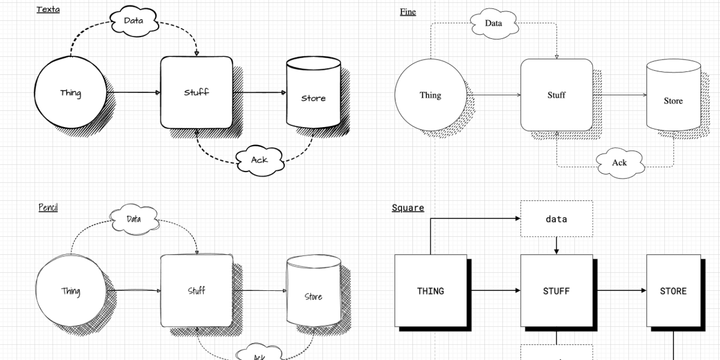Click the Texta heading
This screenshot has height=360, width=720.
coord(48,9)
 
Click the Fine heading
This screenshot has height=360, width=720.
coord(408,11)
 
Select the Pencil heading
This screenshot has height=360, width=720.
coord(48,208)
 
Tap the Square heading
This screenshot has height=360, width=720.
coord(408,208)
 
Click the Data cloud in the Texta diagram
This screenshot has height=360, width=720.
coord(133,21)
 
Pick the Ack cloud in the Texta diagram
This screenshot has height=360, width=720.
coord(259,160)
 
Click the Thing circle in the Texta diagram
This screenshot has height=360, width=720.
coord(70,93)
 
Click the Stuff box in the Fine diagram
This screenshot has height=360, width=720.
coord(556,95)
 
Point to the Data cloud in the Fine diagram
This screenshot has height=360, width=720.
coord(493,24)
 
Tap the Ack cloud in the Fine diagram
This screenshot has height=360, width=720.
coord(619,163)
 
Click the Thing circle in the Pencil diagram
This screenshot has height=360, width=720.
coord(70,291)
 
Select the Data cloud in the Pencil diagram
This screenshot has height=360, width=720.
coord(133,219)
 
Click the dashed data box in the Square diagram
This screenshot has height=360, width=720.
coord(556,219)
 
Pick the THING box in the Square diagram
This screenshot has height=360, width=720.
coord(430,291)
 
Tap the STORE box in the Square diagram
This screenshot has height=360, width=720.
coord(673,291)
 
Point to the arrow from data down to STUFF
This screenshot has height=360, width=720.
coord(556,246)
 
